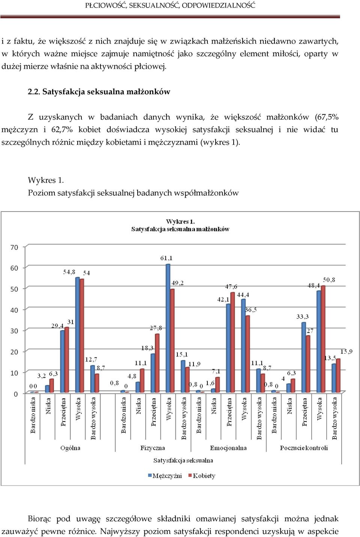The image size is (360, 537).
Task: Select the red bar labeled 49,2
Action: pos(172,340)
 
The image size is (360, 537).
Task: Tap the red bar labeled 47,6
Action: pos(232,342)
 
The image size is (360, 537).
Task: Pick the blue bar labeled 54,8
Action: pos(77,335)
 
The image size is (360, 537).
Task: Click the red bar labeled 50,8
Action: pos(323,339)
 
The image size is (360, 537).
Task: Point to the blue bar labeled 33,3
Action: pos(304,357)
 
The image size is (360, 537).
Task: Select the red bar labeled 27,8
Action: pos(157,363)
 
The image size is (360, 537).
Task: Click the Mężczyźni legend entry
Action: pos(165,475)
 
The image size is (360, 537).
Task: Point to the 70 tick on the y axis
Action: pos(14,247)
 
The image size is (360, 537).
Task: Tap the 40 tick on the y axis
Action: pos(14,310)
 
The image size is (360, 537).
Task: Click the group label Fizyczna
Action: pos(153,448)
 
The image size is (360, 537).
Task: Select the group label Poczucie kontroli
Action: pos(304,448)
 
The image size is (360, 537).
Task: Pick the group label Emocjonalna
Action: pos(228,448)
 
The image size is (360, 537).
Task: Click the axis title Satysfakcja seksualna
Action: pos(183,460)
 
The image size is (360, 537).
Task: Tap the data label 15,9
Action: pos(346,352)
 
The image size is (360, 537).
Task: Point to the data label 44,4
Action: pos(243,295)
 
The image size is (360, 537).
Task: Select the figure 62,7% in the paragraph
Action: pos(62,130)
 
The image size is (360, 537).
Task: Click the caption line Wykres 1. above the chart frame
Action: pos(46,180)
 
